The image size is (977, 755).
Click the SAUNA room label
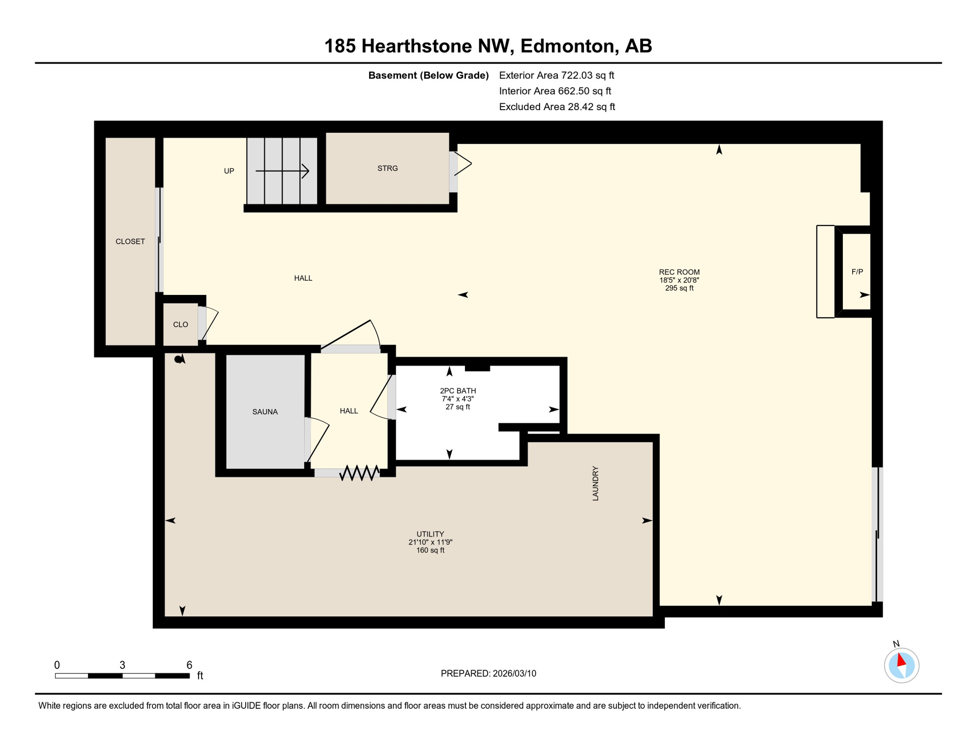pos(265,412)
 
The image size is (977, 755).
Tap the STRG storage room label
pos(387,169)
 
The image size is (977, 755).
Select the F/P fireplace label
pos(857,272)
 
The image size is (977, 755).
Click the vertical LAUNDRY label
pos(595,484)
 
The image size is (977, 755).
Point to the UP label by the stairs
pos(229,171)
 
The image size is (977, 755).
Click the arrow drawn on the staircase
pos(282,171)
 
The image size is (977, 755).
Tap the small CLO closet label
pos(180,324)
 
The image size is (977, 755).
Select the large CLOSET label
pos(130,241)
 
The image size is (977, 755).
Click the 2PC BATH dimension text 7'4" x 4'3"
pos(458,399)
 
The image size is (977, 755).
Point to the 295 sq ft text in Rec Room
pos(679,289)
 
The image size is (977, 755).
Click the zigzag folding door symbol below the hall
pos(359,473)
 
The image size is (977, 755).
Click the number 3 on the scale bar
pos(122,665)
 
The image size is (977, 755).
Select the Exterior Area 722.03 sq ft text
pos(556,75)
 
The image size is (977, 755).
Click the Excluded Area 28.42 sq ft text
pos(557,107)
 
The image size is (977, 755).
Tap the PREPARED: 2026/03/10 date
pos(488,673)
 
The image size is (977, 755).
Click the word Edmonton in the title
pos(567,46)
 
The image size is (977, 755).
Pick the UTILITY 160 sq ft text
pos(430,550)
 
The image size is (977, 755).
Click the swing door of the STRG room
pos(462,164)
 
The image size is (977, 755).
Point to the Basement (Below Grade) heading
pos(428,75)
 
